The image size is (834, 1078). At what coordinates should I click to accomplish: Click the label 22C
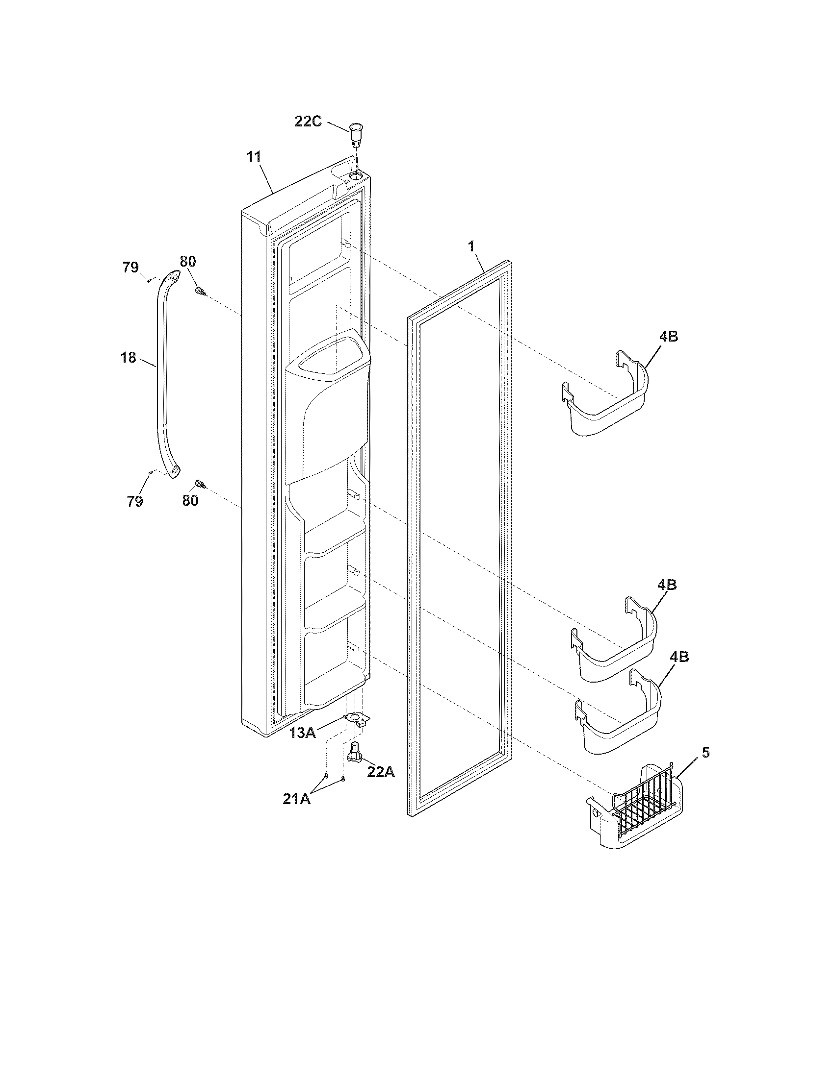(x=308, y=121)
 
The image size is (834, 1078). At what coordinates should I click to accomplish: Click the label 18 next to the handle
(x=129, y=357)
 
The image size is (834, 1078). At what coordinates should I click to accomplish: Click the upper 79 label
(x=130, y=268)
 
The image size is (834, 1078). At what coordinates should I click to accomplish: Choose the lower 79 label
(x=134, y=501)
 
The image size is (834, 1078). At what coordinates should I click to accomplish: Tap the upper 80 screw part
(x=200, y=292)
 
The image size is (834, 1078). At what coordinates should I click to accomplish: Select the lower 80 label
(x=190, y=500)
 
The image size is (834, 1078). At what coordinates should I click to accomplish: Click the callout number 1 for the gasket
(x=471, y=246)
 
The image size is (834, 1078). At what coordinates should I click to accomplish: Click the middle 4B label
(x=667, y=585)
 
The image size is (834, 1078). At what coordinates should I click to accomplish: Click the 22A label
(x=380, y=772)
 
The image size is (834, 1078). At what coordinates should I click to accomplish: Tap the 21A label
(x=296, y=799)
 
